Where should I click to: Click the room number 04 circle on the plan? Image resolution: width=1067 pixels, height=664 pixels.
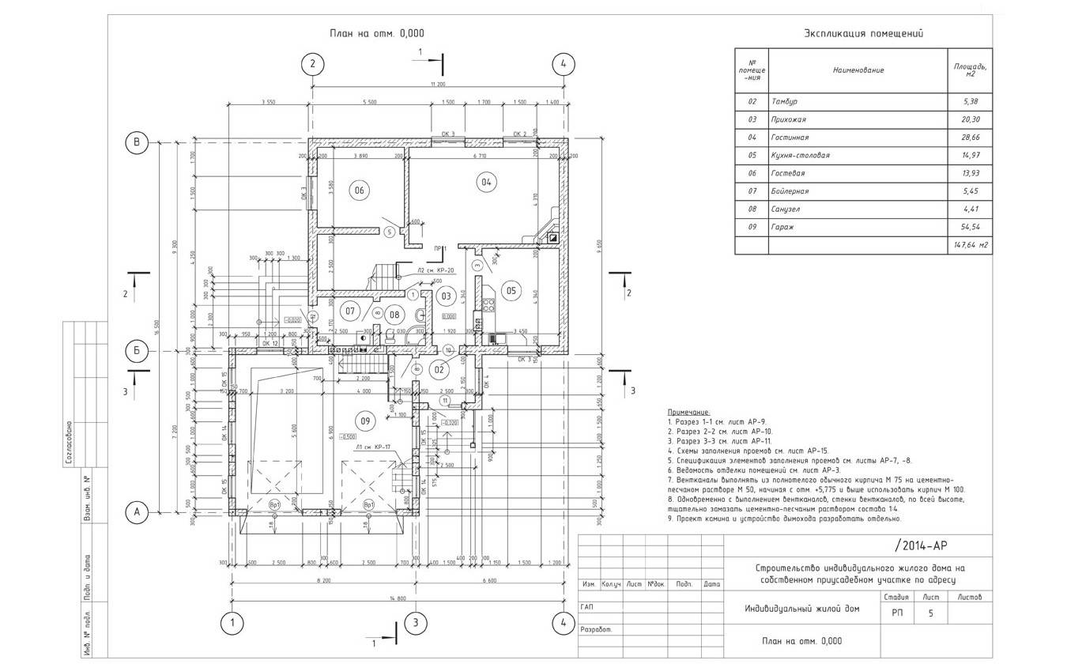click(x=485, y=183)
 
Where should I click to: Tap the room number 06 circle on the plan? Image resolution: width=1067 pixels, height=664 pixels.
click(x=360, y=191)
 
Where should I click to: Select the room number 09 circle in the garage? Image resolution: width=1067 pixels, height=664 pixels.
click(x=364, y=421)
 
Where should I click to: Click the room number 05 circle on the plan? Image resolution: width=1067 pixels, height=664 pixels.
click(x=511, y=291)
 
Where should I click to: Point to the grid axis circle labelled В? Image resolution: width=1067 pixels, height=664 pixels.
click(x=137, y=142)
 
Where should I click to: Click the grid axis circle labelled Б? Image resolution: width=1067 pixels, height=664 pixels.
click(x=137, y=349)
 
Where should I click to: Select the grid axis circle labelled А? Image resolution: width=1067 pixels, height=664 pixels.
click(x=137, y=513)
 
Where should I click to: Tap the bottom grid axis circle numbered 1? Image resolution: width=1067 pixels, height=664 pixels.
click(x=232, y=623)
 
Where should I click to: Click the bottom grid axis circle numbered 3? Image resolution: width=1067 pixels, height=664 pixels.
click(x=414, y=623)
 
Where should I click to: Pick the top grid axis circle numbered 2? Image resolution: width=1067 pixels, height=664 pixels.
click(x=313, y=64)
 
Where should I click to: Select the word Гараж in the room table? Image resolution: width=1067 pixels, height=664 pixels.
click(x=782, y=228)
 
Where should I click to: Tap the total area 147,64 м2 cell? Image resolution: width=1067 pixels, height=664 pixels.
click(x=970, y=246)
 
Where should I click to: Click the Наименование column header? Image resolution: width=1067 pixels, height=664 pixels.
click(x=858, y=70)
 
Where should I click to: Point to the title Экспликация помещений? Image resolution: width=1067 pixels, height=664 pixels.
click(x=863, y=33)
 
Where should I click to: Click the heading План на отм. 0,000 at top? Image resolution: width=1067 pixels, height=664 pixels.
click(x=377, y=33)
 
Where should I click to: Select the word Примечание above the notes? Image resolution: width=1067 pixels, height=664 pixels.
click(x=689, y=413)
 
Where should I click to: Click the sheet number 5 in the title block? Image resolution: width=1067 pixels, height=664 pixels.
click(x=931, y=612)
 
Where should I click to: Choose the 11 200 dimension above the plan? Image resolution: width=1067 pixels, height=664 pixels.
click(x=438, y=84)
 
